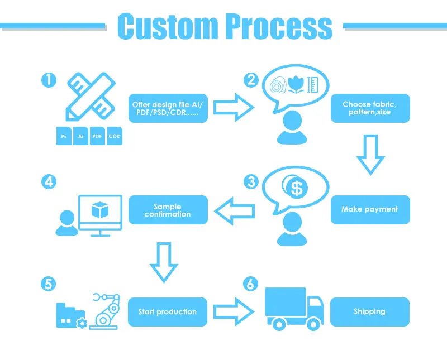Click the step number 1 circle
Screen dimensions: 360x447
49,80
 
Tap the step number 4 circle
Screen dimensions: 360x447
49,181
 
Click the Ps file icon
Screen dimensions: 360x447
64,136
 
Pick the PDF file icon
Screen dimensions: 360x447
98,136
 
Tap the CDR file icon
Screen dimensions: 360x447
115,136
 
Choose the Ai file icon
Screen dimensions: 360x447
81,136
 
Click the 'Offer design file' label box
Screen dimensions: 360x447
168,108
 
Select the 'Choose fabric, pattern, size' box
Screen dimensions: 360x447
370,108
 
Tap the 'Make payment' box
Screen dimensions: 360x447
370,210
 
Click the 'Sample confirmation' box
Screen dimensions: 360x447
168,210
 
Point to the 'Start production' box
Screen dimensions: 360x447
168,311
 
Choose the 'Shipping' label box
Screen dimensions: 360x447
370,311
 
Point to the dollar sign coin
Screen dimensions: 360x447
296,189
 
